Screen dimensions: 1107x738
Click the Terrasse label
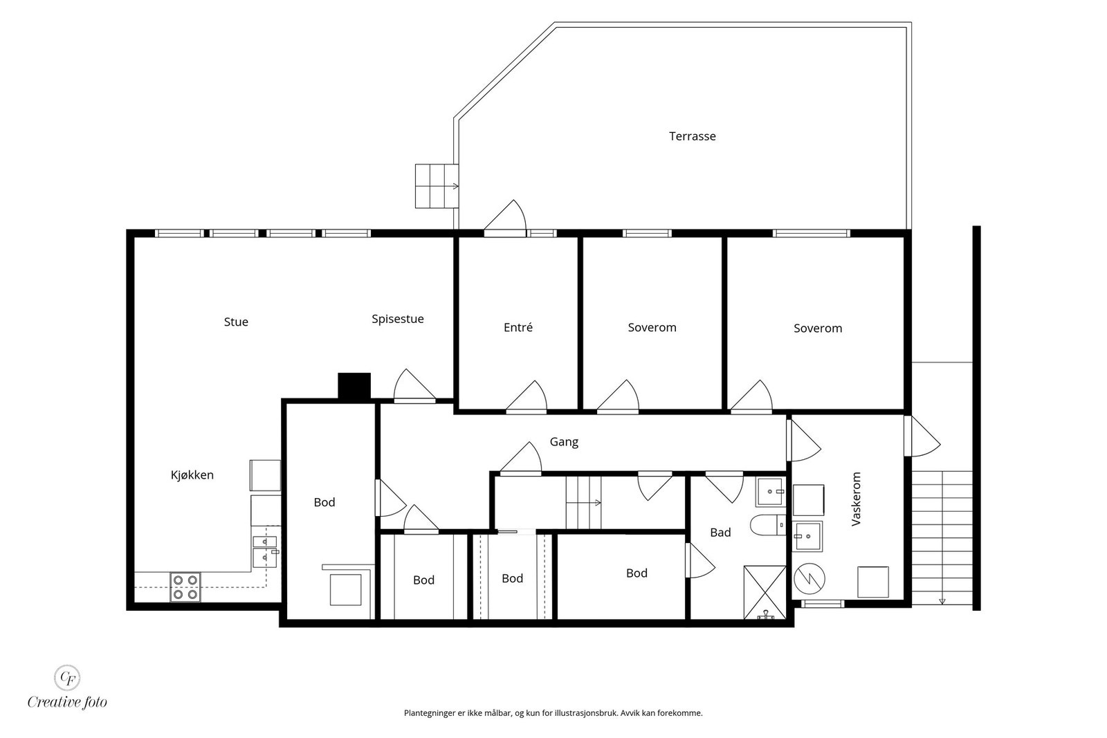pyautogui.click(x=692, y=136)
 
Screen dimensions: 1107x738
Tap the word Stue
pyautogui.click(x=236, y=322)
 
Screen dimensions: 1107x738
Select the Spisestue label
pyautogui.click(x=397, y=319)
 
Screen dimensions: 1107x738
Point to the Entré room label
pyautogui.click(x=518, y=327)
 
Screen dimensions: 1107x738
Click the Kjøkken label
pyautogui.click(x=192, y=475)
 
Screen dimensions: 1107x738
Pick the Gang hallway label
pyautogui.click(x=564, y=442)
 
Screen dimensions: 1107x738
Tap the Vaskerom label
pyautogui.click(x=857, y=499)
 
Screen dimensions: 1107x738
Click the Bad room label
pyautogui.click(x=720, y=533)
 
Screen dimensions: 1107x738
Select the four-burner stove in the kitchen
pyautogui.click(x=185, y=587)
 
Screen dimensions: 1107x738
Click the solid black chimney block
pyautogui.click(x=354, y=386)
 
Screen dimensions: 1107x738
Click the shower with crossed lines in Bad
pyautogui.click(x=765, y=592)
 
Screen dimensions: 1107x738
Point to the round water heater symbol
pyautogui.click(x=809, y=579)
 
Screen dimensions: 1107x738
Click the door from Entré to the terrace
pyautogui.click(x=504, y=217)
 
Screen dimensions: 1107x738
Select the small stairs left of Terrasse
pyautogui.click(x=437, y=186)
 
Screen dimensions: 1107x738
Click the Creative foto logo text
pyautogui.click(x=67, y=702)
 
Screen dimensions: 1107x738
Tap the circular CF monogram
pyautogui.click(x=67, y=677)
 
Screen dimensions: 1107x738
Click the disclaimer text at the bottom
pyautogui.click(x=553, y=713)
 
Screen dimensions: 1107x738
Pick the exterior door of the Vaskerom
pyautogui.click(x=922, y=436)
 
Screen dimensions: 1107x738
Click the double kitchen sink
pyautogui.click(x=265, y=551)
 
